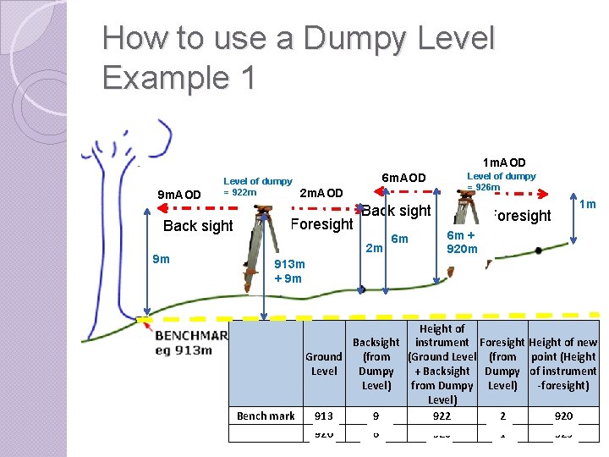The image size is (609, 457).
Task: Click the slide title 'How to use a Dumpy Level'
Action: click(298, 39)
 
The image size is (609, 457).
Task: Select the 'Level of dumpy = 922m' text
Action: click(257, 186)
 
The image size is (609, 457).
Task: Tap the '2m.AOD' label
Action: click(321, 193)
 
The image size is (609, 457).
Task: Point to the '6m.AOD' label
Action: click(403, 178)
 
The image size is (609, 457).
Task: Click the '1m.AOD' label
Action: click(504, 162)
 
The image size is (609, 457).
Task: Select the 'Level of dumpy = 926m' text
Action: click(501, 181)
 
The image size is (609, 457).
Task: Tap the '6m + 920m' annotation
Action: click(462, 242)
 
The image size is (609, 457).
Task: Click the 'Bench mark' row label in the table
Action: click(266, 416)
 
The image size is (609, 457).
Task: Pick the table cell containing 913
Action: click(323, 416)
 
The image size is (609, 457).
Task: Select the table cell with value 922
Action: click(442, 416)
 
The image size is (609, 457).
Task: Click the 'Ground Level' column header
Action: click(324, 364)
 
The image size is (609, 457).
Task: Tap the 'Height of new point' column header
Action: click(562, 364)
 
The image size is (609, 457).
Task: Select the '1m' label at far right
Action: click(588, 204)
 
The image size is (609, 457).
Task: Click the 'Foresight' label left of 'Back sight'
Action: click(321, 224)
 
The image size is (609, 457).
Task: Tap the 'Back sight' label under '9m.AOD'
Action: click(198, 226)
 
